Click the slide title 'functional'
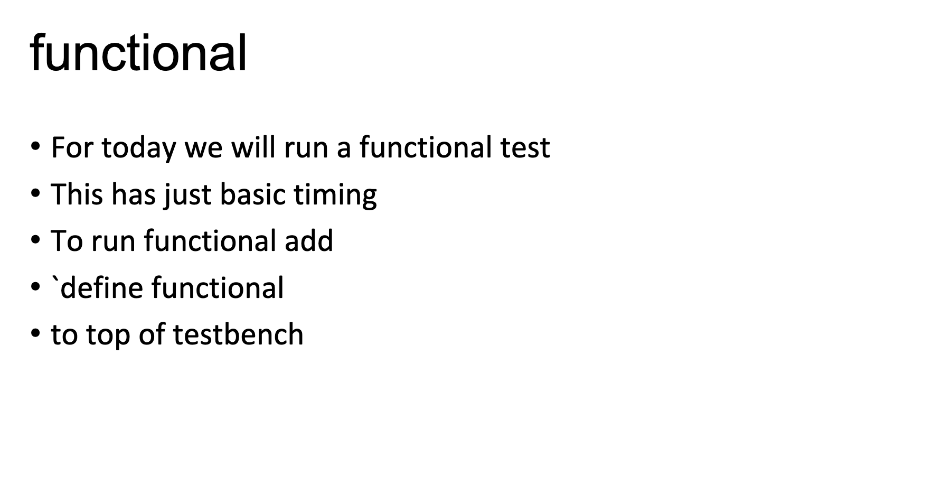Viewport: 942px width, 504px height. (138, 53)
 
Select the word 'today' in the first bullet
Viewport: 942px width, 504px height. (138, 148)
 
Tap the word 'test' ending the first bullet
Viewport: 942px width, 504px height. (525, 147)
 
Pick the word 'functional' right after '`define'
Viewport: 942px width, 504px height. (218, 287)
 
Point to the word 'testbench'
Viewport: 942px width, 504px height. (238, 334)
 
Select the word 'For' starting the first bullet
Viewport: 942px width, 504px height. (72, 147)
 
